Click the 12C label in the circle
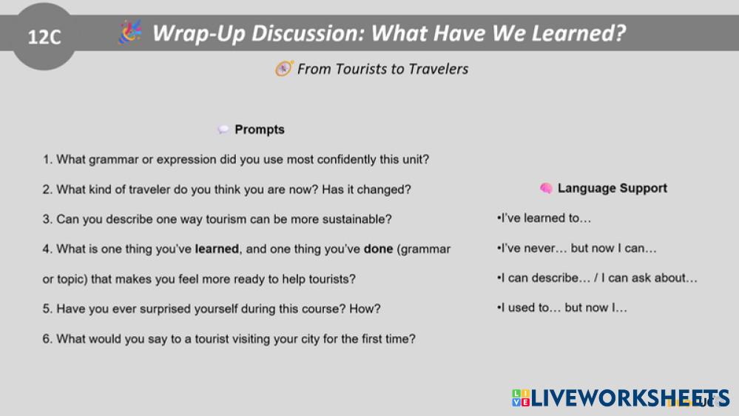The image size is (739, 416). tap(44, 37)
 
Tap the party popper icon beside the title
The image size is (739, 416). tap(130, 32)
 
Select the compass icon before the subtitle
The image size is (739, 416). tap(284, 69)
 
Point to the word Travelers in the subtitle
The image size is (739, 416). tap(439, 69)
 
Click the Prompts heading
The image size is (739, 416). tap(260, 130)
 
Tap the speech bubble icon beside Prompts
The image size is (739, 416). tap(223, 130)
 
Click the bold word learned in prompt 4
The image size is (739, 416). tap(217, 249)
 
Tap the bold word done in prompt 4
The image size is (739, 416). tap(379, 249)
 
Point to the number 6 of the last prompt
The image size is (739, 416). tap(46, 339)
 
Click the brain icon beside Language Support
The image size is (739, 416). tap(546, 188)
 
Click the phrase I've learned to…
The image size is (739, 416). tap(545, 218)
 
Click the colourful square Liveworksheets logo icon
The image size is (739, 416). tap(521, 397)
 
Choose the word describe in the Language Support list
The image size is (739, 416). tap(561, 278)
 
